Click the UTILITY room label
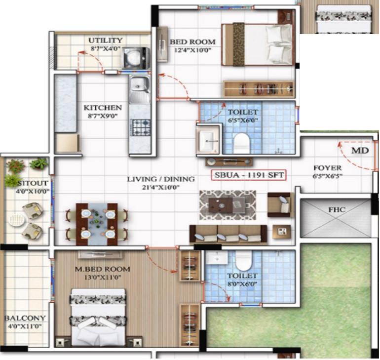pos(105,40)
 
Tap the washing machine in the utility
pos(136,58)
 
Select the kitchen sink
pos(139,88)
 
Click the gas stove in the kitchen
pos(140,127)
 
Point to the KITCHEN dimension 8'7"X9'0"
pos(103,116)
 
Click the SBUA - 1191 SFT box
pos(249,175)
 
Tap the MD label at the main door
pos(360,151)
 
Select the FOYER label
pos(327,168)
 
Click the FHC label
pos(337,210)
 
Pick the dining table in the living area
pos(97,224)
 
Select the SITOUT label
pos(33,183)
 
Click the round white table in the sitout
pos(17,220)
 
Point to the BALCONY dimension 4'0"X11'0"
pos(25,326)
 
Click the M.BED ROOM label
pos(102,269)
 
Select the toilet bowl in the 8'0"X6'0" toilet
pos(244,261)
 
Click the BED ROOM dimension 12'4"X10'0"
pos(192,50)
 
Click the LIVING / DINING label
pos(161,179)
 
